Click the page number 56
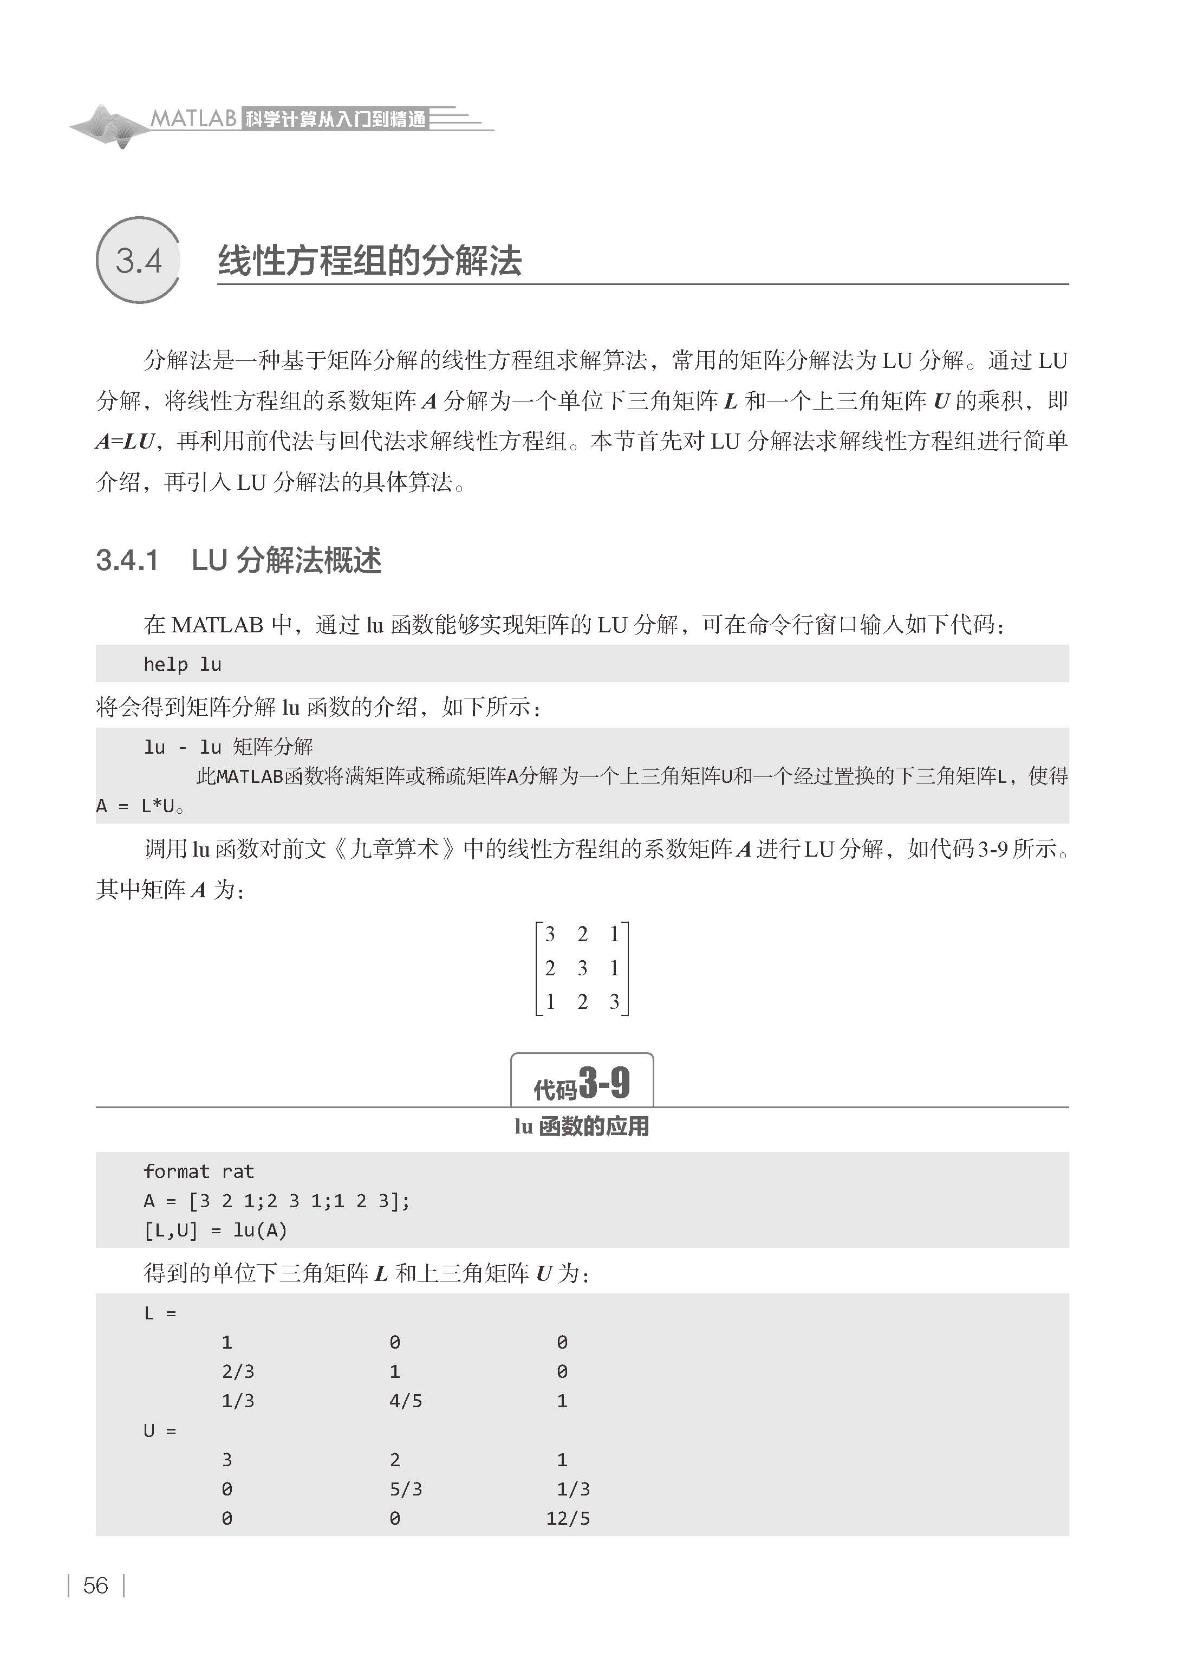95,1585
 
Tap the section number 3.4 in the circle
139,260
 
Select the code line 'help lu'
183,664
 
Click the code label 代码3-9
582,1084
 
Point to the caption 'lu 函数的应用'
582,1126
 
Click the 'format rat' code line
198,1172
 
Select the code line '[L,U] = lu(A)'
215,1231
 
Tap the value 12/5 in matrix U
568,1518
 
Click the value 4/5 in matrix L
405,1401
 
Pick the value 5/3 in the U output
405,1489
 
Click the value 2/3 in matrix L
238,1371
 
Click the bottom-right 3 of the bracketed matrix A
614,1002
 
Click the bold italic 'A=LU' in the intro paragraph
126,441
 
